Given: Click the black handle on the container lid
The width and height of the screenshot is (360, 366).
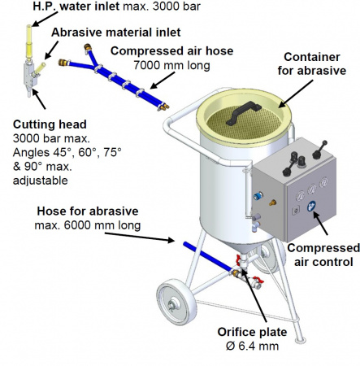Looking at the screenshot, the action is pos(243,112).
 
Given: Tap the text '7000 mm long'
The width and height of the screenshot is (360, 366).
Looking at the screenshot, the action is pos(171,65).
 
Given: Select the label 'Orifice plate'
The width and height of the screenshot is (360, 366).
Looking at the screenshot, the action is pos(252,332).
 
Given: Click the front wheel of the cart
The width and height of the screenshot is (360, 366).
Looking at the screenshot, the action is pos(176,302).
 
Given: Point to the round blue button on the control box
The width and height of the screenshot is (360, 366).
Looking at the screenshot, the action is pos(312,207).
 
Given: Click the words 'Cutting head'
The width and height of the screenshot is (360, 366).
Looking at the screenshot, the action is pos(50,124).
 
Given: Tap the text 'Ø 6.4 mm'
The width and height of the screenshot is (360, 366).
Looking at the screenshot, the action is pos(252,346).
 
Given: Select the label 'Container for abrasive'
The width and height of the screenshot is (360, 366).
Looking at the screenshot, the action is pos(312,63).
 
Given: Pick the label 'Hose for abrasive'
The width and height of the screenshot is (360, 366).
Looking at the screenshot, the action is pos(88,211).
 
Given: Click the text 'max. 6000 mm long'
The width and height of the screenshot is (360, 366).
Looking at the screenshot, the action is pos(88,225).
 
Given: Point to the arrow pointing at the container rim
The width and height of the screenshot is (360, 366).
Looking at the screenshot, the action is pos(296,94).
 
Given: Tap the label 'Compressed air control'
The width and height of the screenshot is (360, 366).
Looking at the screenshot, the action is pos(323,255).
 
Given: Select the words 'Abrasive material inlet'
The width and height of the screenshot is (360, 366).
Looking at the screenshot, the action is pos(116,33).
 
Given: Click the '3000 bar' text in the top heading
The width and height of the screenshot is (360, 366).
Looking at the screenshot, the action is pos(176,7).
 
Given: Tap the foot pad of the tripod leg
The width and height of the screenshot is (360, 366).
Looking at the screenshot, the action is pos(300,340).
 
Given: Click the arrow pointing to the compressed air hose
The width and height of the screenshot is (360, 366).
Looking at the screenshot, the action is pos(163,81).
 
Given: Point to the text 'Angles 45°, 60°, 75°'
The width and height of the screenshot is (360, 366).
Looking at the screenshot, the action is pos(67,153).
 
